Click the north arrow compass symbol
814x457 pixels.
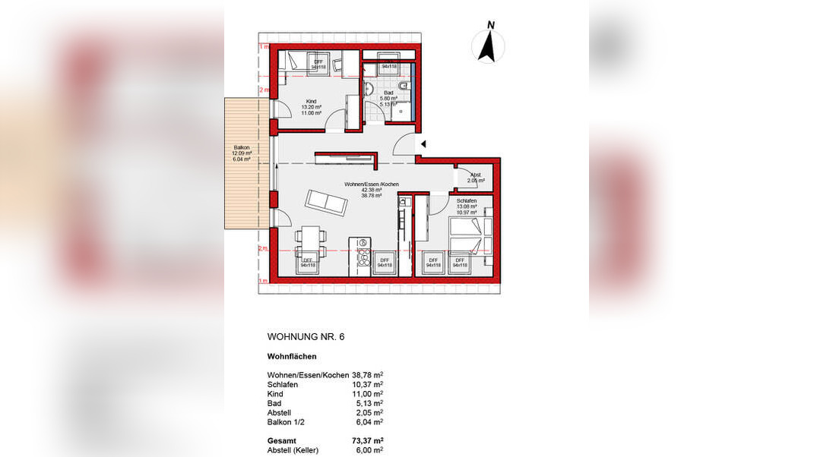click(488, 45)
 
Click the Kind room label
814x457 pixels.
click(311, 102)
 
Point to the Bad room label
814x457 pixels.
click(388, 93)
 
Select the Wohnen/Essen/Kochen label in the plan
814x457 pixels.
click(372, 184)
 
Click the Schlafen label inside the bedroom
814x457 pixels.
click(467, 201)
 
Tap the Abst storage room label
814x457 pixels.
click(475, 175)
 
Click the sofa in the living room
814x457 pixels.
click(327, 202)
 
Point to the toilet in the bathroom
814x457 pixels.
click(404, 86)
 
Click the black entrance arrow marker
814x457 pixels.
click(424, 143)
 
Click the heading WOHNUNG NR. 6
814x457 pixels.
click(306, 336)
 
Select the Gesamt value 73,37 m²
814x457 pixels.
click(368, 440)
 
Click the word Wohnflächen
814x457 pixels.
click(292, 356)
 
